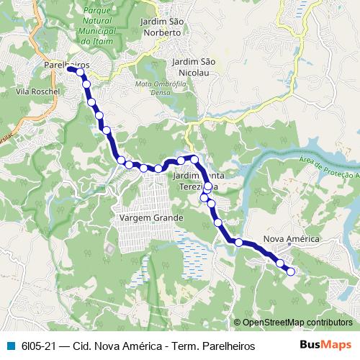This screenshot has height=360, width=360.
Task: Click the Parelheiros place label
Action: pos(66,65)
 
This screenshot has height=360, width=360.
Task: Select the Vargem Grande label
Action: pos(150,217)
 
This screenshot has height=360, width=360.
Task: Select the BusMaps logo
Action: pos(326,346)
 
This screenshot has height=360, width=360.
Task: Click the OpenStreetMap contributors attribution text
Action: pos(297,323)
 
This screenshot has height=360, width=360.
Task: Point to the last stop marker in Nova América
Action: pos(291,271)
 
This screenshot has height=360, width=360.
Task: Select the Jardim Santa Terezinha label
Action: pos(205,181)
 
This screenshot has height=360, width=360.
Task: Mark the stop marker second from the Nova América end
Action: pos(279,264)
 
